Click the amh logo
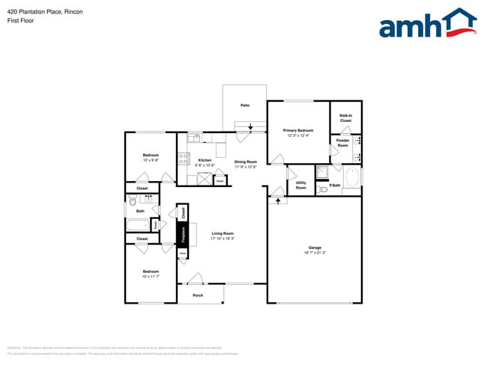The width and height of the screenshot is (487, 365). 427,24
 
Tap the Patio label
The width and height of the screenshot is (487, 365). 245,105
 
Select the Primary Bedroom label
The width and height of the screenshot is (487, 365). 298,133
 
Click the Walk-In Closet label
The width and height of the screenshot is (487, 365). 345,118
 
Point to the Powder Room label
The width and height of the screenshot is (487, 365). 342,143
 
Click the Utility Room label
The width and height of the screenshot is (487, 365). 300,185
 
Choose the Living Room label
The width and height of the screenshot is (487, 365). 223,236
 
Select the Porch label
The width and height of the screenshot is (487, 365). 198,295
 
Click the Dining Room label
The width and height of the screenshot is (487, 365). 245,164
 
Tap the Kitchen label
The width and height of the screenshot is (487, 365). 205,162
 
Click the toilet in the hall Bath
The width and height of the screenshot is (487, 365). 133,200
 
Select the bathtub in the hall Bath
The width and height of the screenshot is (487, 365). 138,225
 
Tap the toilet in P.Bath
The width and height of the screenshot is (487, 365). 324,191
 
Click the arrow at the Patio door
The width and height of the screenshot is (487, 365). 250,128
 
